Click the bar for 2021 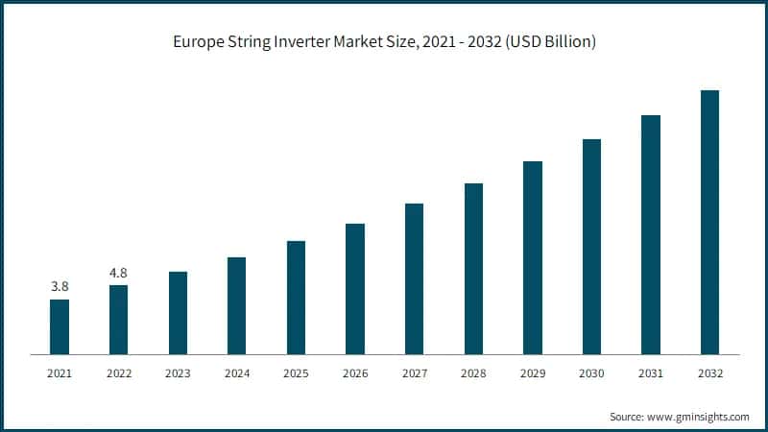coord(60,326)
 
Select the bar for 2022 coord(118,320)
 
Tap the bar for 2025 coord(296,298)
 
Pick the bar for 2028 coord(473,269)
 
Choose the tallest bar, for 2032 coord(709,222)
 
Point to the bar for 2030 coord(591,247)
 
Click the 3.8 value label coord(60,286)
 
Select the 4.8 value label coord(118,273)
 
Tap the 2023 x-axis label coord(178,372)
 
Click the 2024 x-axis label coord(236,372)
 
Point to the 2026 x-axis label coord(355,372)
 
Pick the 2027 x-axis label coord(414,372)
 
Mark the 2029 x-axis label coord(532,372)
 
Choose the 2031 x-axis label coord(651,372)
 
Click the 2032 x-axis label coord(709,372)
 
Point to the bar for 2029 coord(532,257)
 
